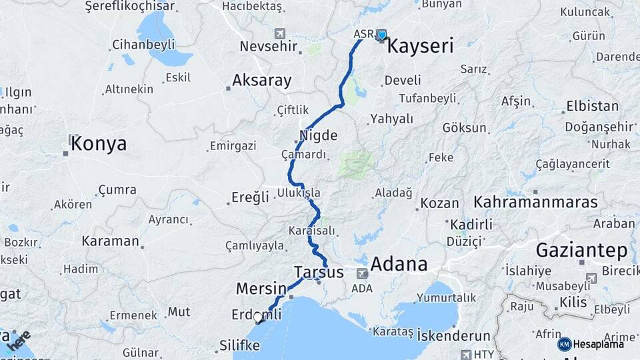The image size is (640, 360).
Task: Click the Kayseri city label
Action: tap(420, 46)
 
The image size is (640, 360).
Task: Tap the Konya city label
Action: tap(99, 143)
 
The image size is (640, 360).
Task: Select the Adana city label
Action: tap(399, 264)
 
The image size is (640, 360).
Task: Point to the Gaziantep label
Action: tap(582, 251)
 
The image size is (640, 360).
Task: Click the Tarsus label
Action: tap(319, 272)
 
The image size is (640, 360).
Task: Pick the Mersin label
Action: tap(261, 289)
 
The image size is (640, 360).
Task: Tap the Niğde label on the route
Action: tap(318, 135)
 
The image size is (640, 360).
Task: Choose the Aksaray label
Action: tap(261, 81)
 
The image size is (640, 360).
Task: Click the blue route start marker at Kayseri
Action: tap(381, 35)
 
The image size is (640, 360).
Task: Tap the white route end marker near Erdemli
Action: tap(259, 318)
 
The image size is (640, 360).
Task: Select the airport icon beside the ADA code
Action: tap(362, 273)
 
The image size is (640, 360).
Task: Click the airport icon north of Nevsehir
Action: tap(279, 33)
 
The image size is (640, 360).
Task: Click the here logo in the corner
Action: tap(20, 341)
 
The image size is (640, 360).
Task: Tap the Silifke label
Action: tap(239, 345)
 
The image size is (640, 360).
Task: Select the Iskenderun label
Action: tap(453, 336)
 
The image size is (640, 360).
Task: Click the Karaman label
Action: tap(110, 241)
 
